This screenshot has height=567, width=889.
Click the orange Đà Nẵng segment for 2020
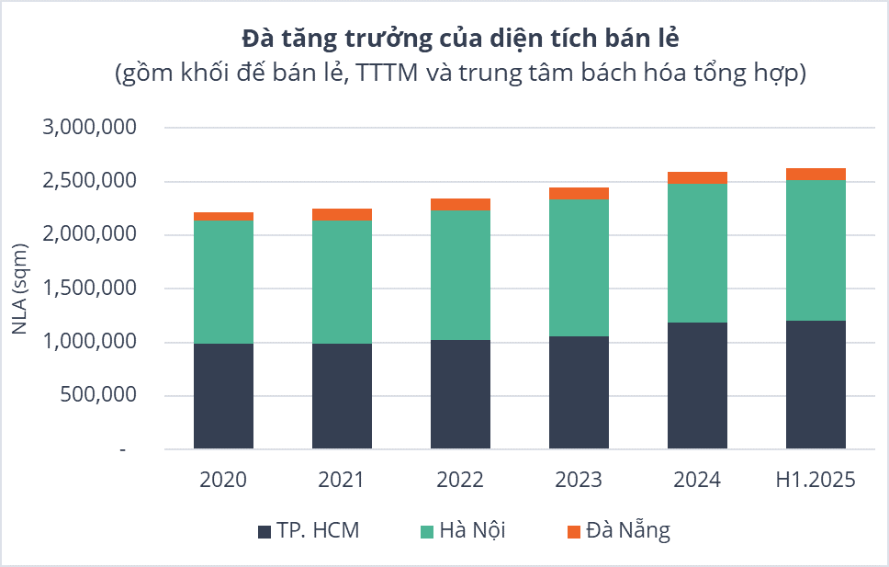pos(223,216)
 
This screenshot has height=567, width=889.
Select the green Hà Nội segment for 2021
pos(342,281)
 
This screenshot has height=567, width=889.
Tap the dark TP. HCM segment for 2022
pos(460,394)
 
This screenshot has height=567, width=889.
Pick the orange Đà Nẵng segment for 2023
pos(579,193)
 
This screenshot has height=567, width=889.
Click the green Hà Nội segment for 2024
pos(697,253)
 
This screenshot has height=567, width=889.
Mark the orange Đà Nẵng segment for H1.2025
pos(816,174)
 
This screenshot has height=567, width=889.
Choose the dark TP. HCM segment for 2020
pos(223,396)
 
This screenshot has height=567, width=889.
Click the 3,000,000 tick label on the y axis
pos(90,128)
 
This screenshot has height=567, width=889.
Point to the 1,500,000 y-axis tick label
pos(90,289)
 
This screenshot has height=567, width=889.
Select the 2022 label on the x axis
pos(460,480)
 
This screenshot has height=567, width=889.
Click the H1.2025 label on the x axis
pos(816,480)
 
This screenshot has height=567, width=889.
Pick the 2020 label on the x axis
pos(223,480)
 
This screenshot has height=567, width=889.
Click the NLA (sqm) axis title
pos(20,289)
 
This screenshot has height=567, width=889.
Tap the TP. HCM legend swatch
pos(264,531)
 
